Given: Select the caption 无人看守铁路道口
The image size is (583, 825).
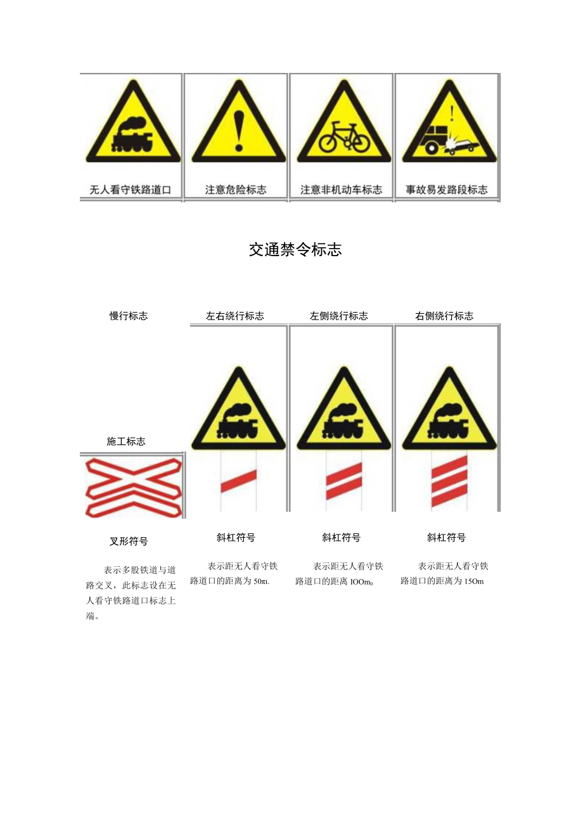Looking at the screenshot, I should (x=131, y=190).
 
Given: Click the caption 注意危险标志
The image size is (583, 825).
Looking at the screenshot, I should (x=236, y=190).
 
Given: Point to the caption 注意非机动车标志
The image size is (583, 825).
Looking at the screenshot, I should (x=341, y=190).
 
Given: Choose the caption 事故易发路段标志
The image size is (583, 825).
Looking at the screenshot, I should (x=447, y=190).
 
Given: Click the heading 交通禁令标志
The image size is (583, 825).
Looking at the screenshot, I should (x=295, y=250).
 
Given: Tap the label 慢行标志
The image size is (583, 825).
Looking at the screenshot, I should (x=129, y=316).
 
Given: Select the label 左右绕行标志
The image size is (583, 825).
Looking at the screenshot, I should (x=235, y=316).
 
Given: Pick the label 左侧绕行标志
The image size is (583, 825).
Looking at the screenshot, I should (x=339, y=316).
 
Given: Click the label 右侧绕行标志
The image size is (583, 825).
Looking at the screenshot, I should (x=444, y=316).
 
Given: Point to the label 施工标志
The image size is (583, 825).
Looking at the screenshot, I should (x=126, y=441).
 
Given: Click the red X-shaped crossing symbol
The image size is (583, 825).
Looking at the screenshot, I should (x=132, y=486).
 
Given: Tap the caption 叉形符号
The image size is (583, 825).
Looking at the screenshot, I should (x=129, y=542).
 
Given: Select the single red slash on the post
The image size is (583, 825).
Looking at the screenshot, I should (x=238, y=481).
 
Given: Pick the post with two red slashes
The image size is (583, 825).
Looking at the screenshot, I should (x=344, y=481).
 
